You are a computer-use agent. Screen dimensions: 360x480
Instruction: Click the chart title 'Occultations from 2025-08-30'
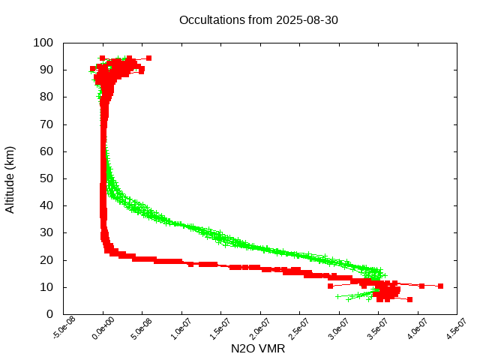(x=258, y=20)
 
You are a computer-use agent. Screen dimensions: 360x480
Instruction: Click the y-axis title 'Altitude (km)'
(x=10, y=178)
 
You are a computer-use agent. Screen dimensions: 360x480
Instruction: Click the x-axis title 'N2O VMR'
(x=258, y=349)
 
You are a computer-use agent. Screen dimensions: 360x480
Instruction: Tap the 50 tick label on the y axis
(x=46, y=178)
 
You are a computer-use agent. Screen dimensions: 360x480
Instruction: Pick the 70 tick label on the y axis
(x=46, y=124)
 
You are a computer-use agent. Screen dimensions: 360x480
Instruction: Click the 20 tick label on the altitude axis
(x=46, y=260)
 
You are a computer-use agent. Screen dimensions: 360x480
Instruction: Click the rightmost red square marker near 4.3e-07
(x=441, y=286)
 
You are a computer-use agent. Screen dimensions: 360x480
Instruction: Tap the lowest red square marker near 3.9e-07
(x=409, y=299)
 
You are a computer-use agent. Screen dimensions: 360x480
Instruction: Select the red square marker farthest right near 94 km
(x=148, y=58)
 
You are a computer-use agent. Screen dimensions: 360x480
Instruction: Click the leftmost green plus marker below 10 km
(x=337, y=296)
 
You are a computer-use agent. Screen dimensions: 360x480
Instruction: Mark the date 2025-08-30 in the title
(x=307, y=20)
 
